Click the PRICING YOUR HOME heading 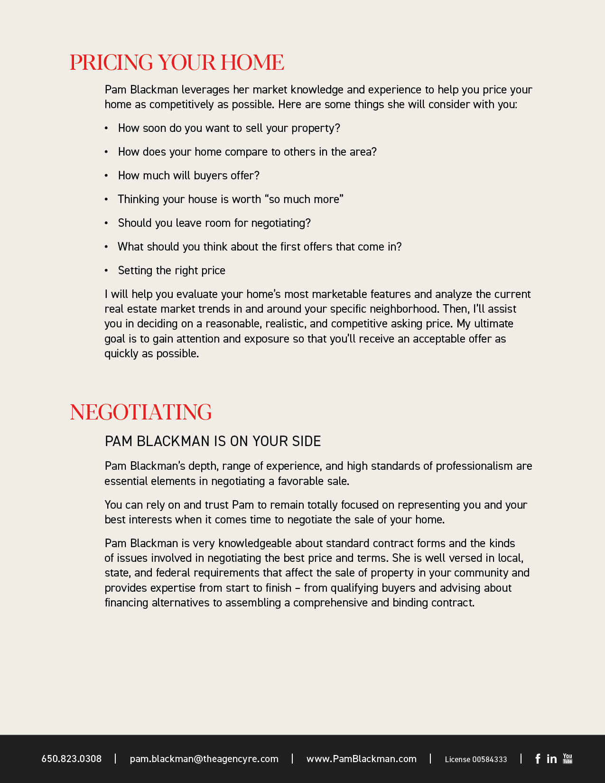pyautogui.click(x=177, y=63)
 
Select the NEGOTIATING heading pyautogui.click(x=140, y=412)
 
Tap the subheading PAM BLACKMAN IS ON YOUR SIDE pyautogui.click(x=213, y=441)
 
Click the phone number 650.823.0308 pyautogui.click(x=72, y=759)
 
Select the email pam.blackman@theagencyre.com pyautogui.click(x=204, y=759)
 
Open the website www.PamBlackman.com pyautogui.click(x=362, y=759)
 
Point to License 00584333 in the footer pyautogui.click(x=475, y=759)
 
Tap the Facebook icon pyautogui.click(x=538, y=759)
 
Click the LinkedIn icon pyautogui.click(x=551, y=759)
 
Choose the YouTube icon pyautogui.click(x=568, y=758)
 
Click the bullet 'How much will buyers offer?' pyautogui.click(x=188, y=176)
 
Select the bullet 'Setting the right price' pyautogui.click(x=171, y=270)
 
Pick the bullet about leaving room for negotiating pyautogui.click(x=214, y=223)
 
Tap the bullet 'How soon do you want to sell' pyautogui.click(x=229, y=128)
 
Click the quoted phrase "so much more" pyautogui.click(x=304, y=199)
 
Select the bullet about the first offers pyautogui.click(x=260, y=247)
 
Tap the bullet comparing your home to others pyautogui.click(x=247, y=152)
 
